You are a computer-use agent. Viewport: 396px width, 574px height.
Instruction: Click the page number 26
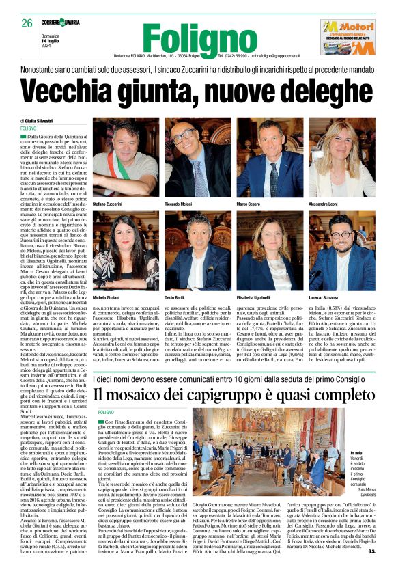click(27, 23)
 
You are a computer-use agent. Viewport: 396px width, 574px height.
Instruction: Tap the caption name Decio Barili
click(176, 299)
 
